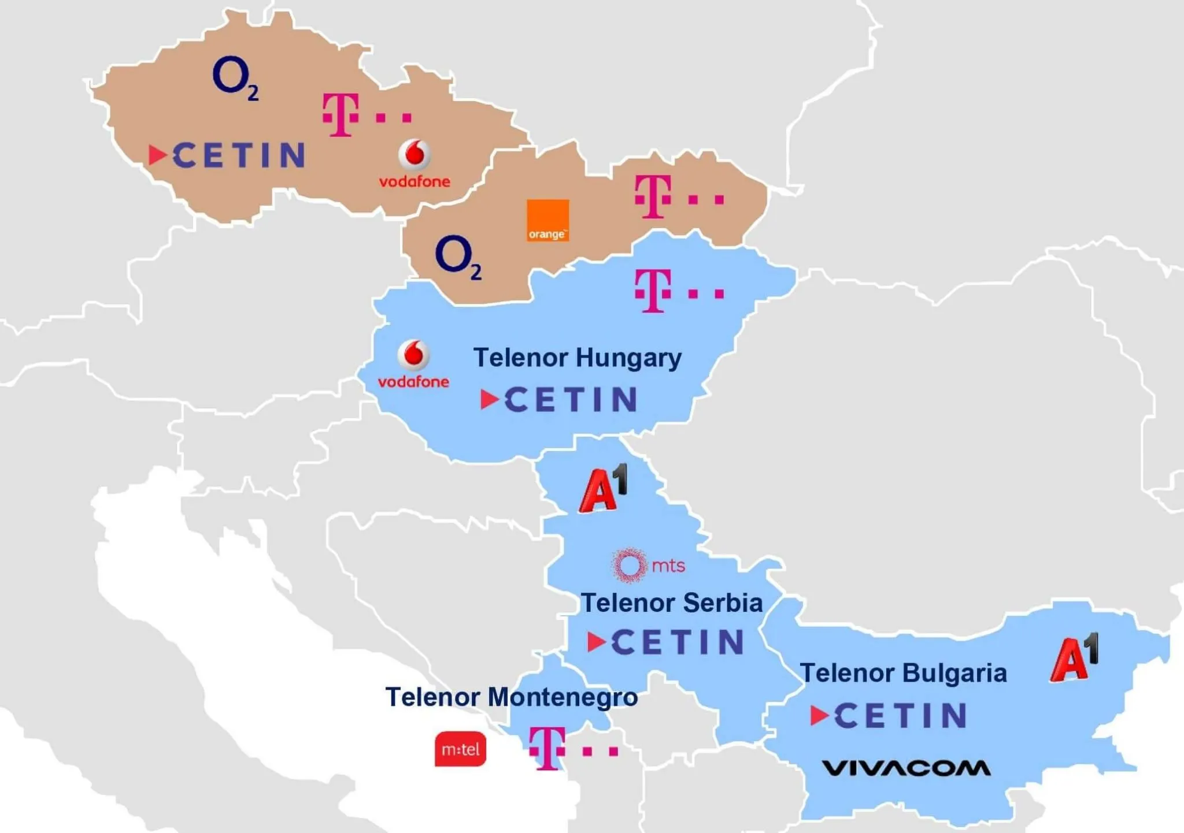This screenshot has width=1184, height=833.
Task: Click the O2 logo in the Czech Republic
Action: point(234,77)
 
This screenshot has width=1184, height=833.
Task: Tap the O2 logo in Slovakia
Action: point(457,256)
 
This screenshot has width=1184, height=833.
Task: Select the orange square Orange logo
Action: point(547,220)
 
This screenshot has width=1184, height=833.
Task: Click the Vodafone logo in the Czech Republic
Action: point(415,164)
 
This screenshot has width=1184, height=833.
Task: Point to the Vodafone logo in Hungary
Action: point(413,364)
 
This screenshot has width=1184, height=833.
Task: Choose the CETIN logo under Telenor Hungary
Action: point(559,399)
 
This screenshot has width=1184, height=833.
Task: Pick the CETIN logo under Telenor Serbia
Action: point(666,642)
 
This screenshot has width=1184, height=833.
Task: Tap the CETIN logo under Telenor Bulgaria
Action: point(889,715)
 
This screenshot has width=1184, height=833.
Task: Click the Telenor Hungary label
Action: point(577,358)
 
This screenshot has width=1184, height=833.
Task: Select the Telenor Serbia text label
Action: point(671,603)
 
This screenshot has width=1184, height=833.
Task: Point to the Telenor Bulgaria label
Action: point(903,673)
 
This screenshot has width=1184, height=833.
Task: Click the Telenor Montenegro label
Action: point(511,697)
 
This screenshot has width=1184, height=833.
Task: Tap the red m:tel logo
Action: point(460,749)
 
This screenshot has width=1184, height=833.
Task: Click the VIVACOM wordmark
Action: point(906,768)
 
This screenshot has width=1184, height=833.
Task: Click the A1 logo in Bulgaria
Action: point(1074,659)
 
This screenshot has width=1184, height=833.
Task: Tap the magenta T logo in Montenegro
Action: point(572,749)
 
